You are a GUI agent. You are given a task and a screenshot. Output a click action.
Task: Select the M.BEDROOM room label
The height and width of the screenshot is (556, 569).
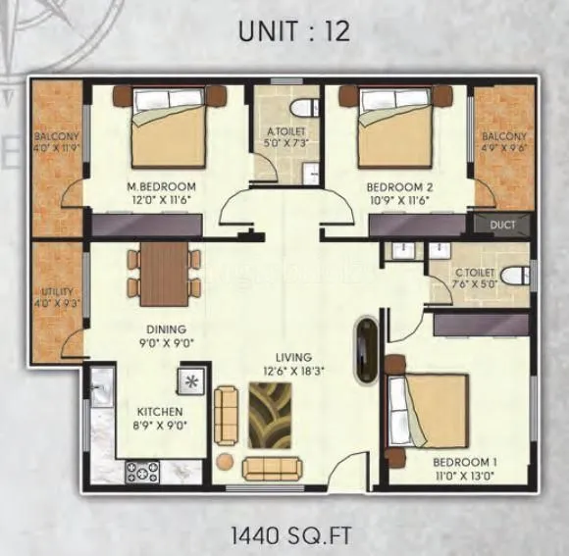(x=162, y=186)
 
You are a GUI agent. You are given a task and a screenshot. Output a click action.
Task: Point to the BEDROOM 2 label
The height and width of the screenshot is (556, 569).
(x=398, y=186)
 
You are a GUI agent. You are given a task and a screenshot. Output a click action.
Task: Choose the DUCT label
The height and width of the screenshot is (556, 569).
(x=502, y=225)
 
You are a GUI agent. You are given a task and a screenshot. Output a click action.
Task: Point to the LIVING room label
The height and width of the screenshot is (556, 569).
(x=293, y=357)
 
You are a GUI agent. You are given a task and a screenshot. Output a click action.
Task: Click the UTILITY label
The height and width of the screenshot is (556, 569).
(x=53, y=291)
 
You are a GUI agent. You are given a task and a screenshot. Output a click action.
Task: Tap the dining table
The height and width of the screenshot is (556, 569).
(x=163, y=271)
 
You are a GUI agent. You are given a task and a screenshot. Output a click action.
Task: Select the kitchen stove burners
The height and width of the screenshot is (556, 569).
(x=142, y=472)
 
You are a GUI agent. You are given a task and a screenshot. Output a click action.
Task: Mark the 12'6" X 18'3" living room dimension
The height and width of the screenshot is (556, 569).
(x=293, y=371)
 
